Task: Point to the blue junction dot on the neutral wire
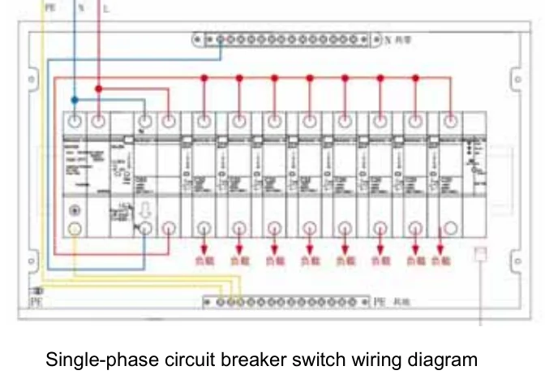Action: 74,101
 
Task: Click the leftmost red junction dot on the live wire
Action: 98,88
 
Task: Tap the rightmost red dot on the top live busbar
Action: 416,78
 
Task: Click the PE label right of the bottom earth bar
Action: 379,302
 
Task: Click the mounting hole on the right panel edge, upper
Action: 516,80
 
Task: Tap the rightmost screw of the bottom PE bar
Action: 362,302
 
